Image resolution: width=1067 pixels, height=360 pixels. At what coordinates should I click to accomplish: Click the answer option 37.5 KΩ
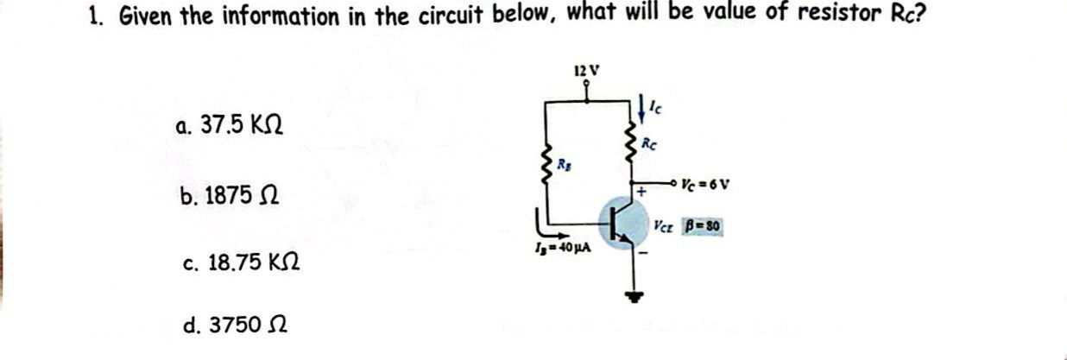pyautogui.click(x=229, y=126)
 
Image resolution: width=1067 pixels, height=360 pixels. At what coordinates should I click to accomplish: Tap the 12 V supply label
pyautogui.click(x=587, y=70)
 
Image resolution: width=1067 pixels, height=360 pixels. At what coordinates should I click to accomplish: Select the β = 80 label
pyautogui.click(x=703, y=228)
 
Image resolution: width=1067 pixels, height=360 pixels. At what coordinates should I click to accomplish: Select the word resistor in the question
pyautogui.click(x=812, y=16)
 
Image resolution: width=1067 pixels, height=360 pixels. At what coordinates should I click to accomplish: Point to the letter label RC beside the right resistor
pyautogui.click(x=653, y=147)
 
